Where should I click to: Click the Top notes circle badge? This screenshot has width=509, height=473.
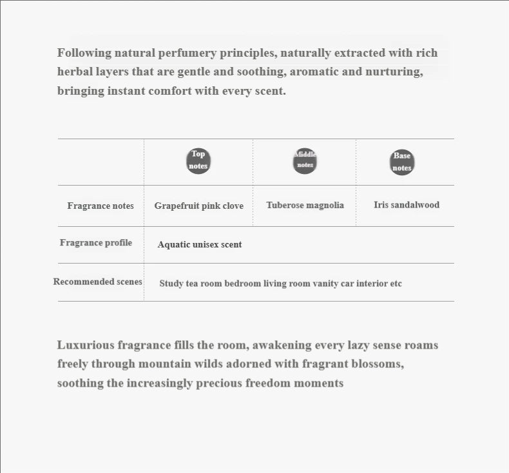[198, 160]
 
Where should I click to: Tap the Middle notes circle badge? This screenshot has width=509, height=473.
[305, 160]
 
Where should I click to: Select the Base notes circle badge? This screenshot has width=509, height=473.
[402, 162]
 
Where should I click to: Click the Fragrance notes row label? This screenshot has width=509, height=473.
[101, 206]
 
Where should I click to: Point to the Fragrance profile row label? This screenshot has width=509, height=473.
[96, 242]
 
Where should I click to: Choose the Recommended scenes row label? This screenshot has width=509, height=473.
[97, 282]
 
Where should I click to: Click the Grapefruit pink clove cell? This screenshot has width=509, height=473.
[199, 206]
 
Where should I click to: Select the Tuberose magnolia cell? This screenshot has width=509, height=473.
[305, 205]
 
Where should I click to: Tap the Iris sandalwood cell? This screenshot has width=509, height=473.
[407, 205]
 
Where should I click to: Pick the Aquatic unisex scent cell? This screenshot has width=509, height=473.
[200, 244]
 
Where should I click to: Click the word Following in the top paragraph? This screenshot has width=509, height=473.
[83, 52]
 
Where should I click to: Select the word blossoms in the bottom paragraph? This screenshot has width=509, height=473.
[377, 363]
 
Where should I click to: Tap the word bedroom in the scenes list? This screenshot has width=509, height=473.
[242, 284]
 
